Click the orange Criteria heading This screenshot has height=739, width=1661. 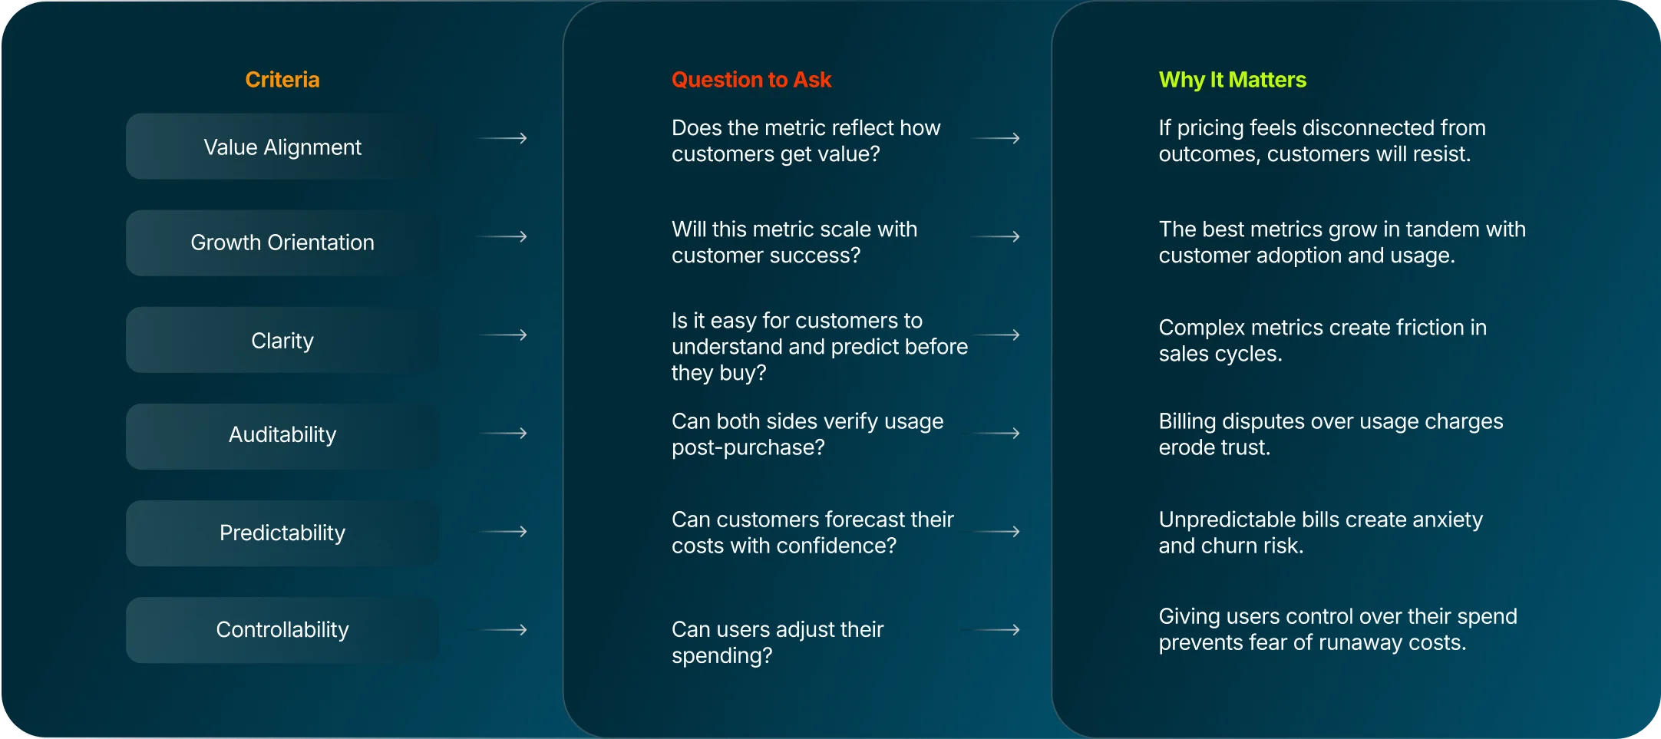coord(282,80)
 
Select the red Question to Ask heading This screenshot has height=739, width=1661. coord(751,80)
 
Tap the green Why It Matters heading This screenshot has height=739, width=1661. coord(1232,80)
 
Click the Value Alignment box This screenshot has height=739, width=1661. coord(282,147)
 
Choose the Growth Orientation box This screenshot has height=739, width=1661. coord(282,242)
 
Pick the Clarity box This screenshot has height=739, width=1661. coord(282,340)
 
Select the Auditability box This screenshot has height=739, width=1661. coord(282,434)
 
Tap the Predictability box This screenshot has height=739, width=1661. coord(282,533)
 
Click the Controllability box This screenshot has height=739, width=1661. coord(282,629)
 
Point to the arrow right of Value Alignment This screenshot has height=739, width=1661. coord(503,138)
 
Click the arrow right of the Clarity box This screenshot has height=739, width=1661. coord(503,335)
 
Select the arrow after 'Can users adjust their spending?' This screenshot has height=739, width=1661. coord(992,630)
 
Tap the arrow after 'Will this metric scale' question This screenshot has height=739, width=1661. coord(996,236)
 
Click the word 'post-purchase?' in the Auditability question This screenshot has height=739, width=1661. coord(748,447)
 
